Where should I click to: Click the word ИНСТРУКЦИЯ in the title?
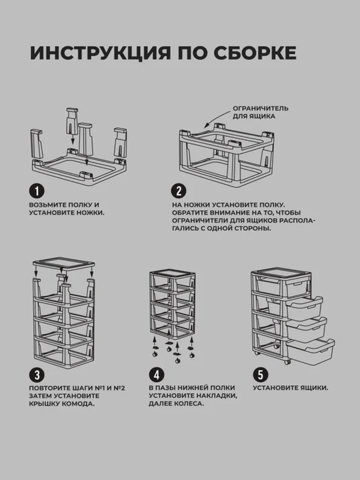coord(100,53)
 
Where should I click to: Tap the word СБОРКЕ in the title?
coord(255,53)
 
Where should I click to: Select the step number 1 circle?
coord(37,191)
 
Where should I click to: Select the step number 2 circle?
coord(179,191)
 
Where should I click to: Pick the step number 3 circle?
coord(37,375)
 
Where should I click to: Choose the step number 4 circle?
coord(157,375)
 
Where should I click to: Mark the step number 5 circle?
coord(261,375)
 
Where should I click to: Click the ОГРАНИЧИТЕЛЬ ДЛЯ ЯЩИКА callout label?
coord(261,113)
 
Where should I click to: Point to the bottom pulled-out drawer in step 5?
coord(311,351)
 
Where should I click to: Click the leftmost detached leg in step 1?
coord(37,143)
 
